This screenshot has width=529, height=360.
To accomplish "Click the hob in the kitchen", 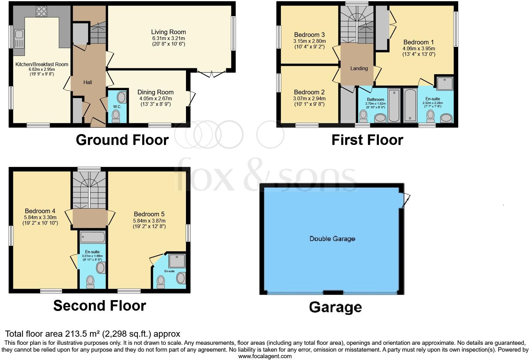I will pyautogui.click(x=41, y=11).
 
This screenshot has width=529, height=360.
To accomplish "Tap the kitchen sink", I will pyautogui.click(x=19, y=38).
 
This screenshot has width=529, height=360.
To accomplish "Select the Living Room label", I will pyautogui.click(x=168, y=32).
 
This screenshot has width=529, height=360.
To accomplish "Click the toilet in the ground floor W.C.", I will pyautogui.click(x=116, y=117).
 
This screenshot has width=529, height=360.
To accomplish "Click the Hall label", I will pyautogui.click(x=88, y=83).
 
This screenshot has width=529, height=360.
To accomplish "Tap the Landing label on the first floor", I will pyautogui.click(x=359, y=69).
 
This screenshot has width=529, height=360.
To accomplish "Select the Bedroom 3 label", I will pyautogui.click(x=309, y=35).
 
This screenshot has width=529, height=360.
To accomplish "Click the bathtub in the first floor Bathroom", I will pyautogui.click(x=394, y=105).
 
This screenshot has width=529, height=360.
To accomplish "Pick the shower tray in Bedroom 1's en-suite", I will pyautogui.click(x=445, y=83).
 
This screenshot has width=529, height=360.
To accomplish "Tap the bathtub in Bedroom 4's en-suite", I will pyautogui.click(x=93, y=237).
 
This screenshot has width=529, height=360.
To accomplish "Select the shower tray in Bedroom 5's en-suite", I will pyautogui.click(x=177, y=261).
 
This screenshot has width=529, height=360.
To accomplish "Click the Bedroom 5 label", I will pyautogui.click(x=149, y=214).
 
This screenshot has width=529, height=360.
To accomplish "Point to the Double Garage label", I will pyautogui.click(x=332, y=239).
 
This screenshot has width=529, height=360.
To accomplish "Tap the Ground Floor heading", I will pyautogui.click(x=122, y=140).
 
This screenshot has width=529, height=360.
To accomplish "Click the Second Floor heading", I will pyautogui.click(x=99, y=306).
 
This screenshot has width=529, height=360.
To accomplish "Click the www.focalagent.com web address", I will pyautogui.click(x=265, y=356).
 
